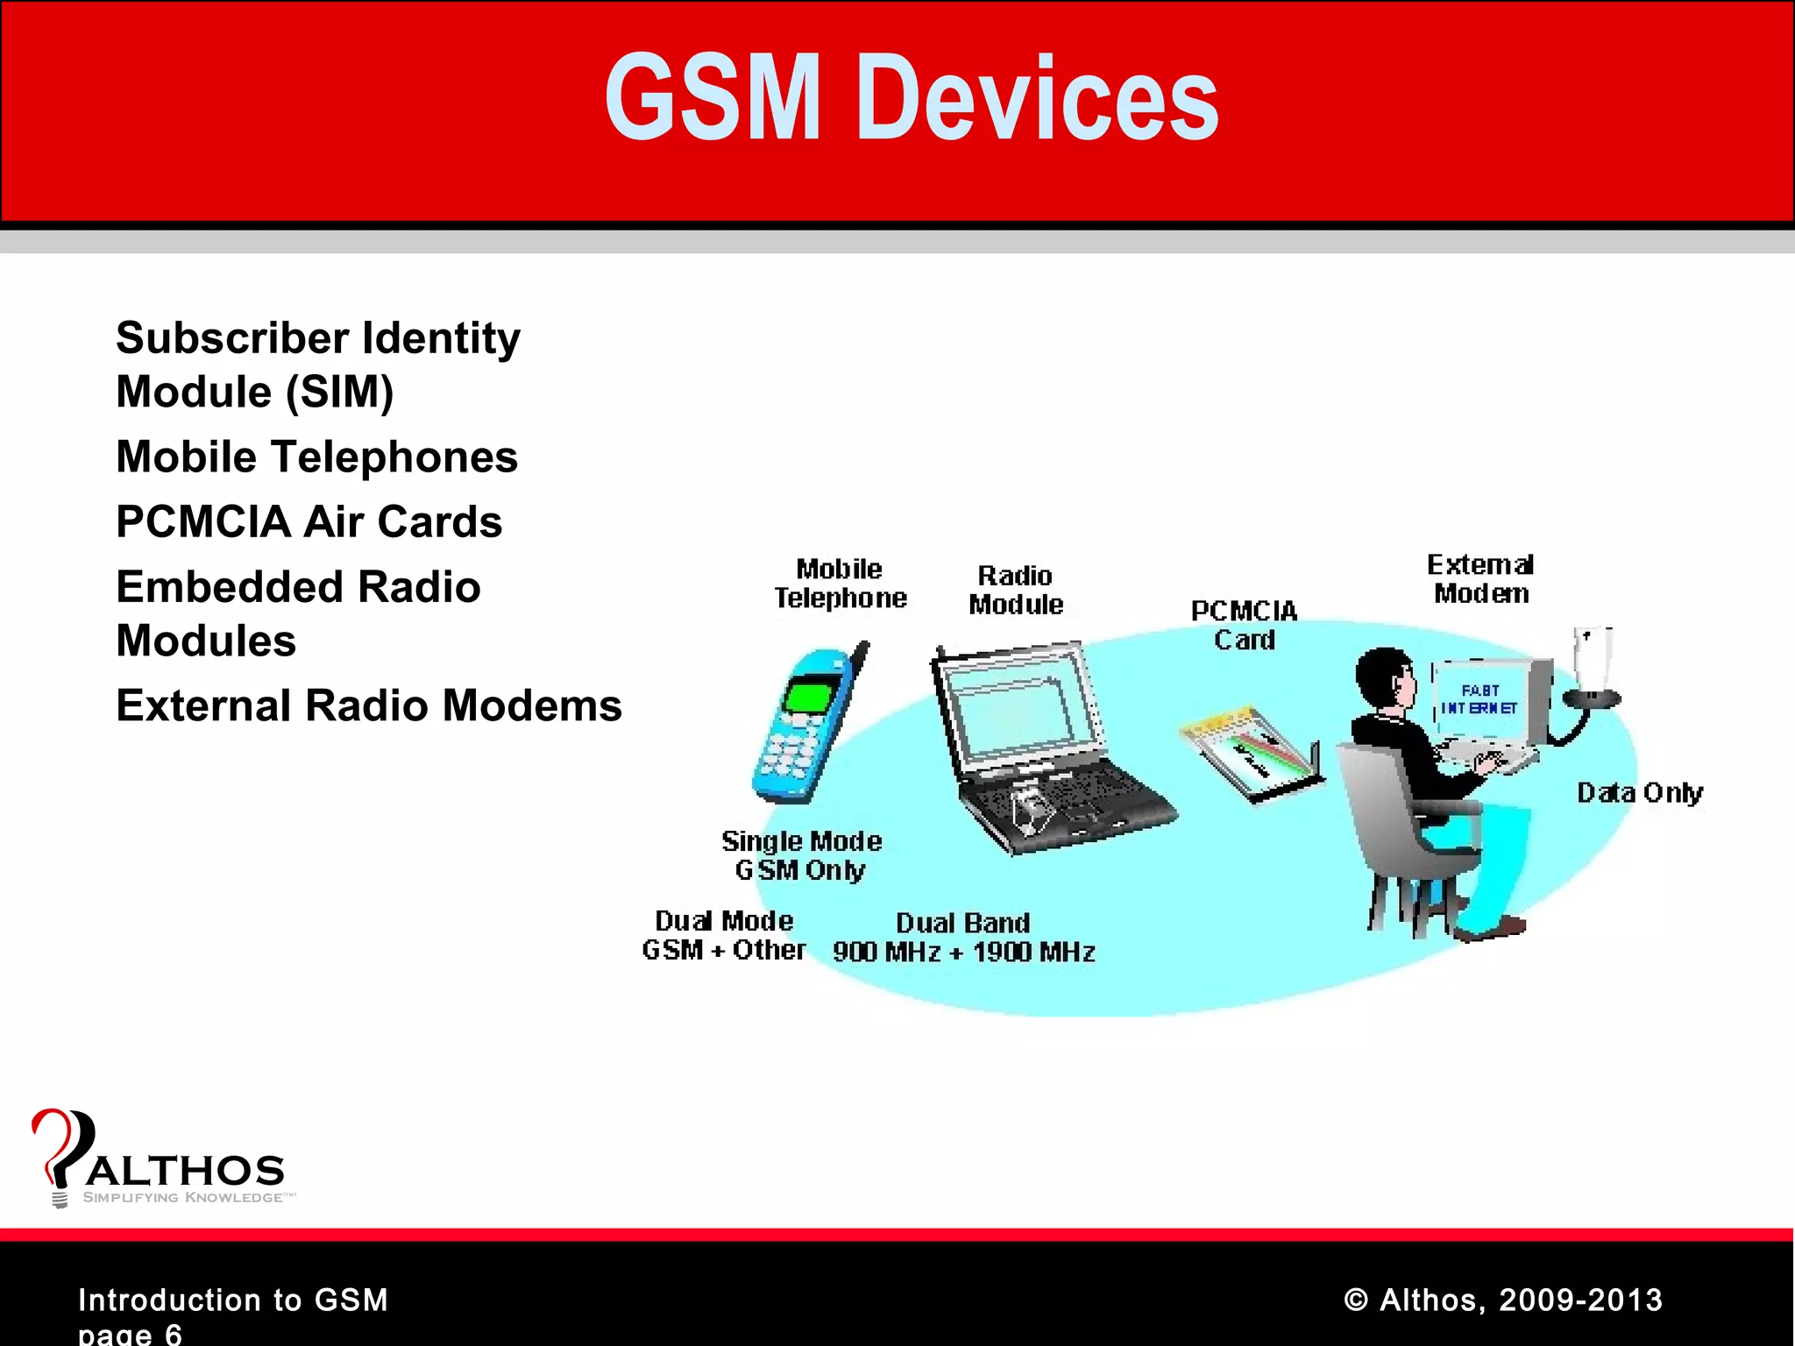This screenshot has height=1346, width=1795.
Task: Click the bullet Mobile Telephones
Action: point(316,457)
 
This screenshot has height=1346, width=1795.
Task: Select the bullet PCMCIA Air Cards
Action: point(309,522)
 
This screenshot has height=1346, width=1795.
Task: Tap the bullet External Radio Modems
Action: point(368,706)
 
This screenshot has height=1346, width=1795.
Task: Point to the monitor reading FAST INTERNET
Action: point(1481,699)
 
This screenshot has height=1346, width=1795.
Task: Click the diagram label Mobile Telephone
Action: point(840,584)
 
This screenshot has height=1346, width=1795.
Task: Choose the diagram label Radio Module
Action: point(1015,590)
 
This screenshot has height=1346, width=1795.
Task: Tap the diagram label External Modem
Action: point(1480,579)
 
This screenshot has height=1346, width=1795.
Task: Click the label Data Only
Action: point(1639,793)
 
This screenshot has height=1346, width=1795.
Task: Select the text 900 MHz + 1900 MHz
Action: point(963,953)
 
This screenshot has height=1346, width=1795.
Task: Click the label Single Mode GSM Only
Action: point(801,855)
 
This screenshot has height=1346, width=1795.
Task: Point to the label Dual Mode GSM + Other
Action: point(723,935)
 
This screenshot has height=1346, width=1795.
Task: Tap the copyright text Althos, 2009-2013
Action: point(1503,1300)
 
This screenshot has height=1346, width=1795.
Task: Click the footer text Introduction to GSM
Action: point(232,1300)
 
